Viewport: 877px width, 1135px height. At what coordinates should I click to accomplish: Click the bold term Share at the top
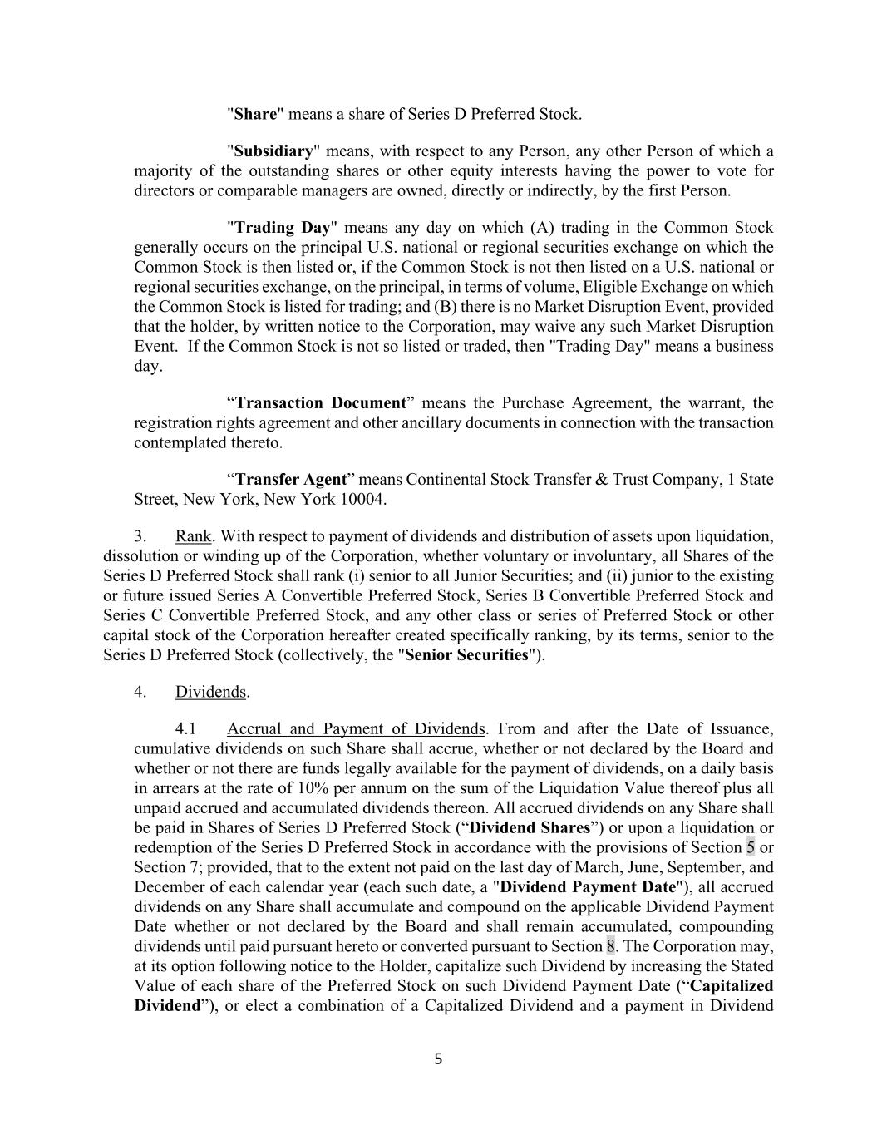point(254,114)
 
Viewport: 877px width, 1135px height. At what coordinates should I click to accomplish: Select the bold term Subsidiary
point(273,151)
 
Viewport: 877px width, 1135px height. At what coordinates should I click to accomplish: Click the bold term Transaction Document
point(321,402)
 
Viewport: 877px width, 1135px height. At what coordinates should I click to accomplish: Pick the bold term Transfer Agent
point(291,479)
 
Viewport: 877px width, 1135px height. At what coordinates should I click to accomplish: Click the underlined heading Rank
point(193,535)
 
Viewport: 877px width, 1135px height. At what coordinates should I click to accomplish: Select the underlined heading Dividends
point(211,692)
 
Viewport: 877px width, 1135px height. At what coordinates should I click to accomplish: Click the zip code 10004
point(363,499)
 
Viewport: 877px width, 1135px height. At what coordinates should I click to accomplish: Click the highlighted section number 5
point(751,847)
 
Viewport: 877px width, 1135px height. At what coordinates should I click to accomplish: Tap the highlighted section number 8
point(610,945)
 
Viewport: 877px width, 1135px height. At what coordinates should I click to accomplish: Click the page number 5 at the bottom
point(439,1059)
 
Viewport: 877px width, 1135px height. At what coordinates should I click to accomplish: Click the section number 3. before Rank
point(140,535)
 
